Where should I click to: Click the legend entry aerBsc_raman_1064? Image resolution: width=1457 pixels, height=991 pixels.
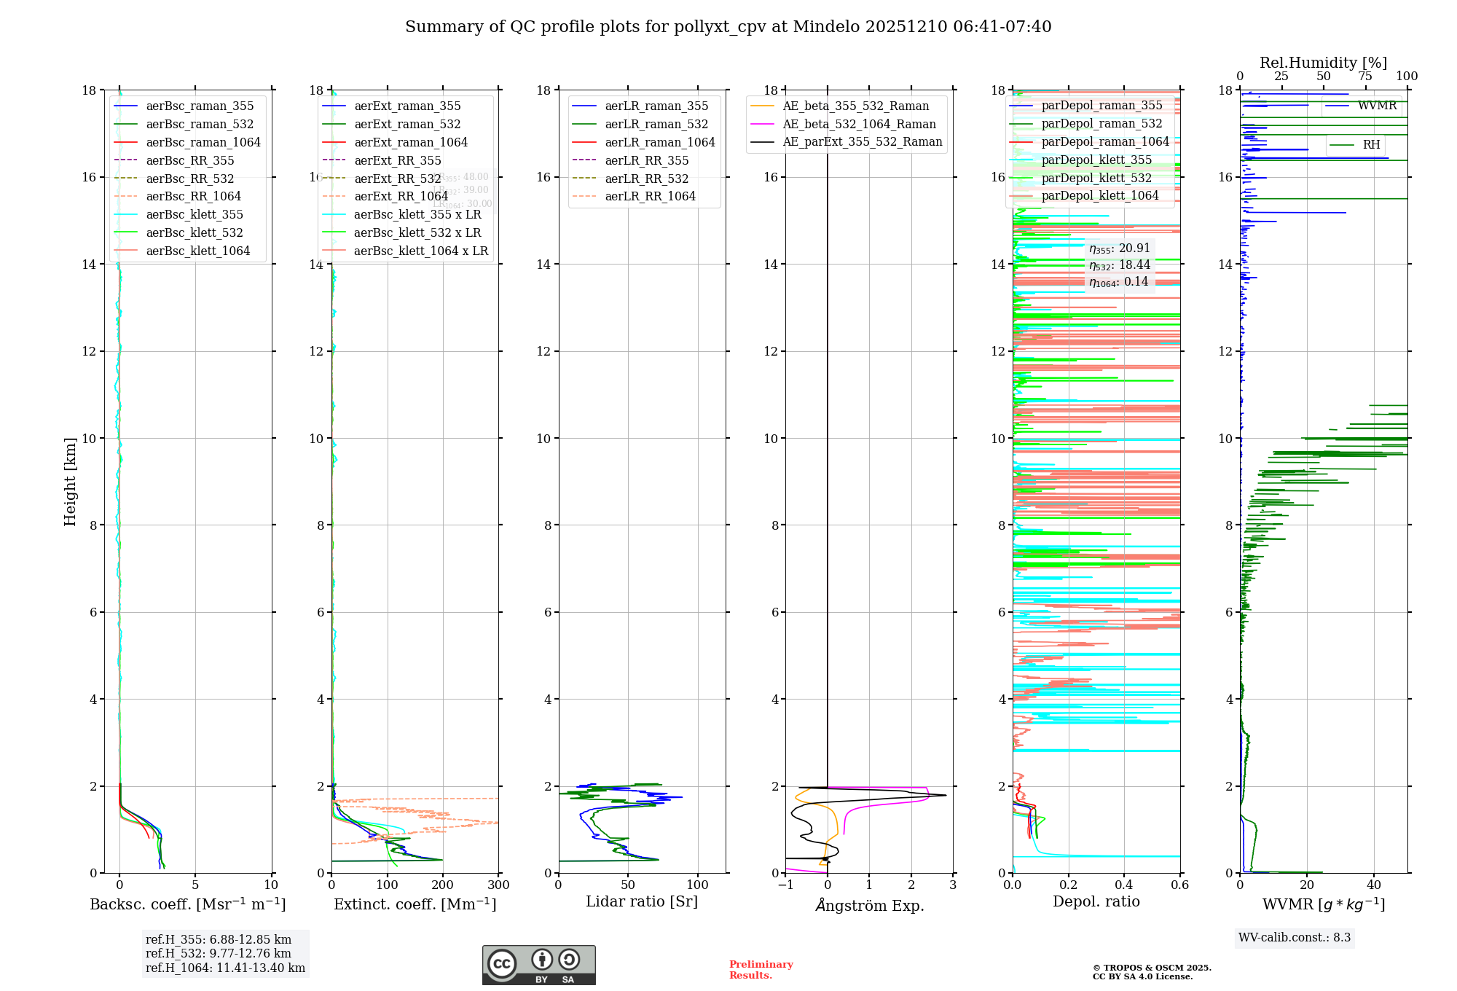203,142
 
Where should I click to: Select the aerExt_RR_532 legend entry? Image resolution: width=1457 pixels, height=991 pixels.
397,179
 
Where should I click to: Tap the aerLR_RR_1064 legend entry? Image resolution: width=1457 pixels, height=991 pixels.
650,196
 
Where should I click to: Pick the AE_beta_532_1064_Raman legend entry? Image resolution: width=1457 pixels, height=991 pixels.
859,124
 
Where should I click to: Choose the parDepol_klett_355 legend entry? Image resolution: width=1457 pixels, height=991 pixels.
1096,160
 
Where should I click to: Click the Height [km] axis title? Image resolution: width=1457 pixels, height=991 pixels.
70,482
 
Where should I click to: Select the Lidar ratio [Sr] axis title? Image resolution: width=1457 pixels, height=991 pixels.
642,901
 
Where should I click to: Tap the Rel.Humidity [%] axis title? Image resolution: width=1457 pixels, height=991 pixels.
1323,63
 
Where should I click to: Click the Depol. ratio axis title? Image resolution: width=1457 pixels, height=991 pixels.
1096,901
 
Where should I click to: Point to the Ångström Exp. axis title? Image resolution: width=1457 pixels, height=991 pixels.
869,905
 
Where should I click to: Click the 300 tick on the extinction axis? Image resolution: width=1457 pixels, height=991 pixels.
499,885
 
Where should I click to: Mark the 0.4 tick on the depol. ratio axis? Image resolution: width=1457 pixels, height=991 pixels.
1124,885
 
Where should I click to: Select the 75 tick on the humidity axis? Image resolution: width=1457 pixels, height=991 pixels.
1365,77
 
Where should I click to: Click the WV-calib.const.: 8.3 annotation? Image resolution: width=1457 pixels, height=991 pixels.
1295,937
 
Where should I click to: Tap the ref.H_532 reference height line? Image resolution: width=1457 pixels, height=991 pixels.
218,953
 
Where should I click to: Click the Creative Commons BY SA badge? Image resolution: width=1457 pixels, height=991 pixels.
538,965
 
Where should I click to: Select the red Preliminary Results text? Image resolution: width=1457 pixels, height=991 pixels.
761,969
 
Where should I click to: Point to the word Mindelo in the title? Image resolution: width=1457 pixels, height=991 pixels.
825,27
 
